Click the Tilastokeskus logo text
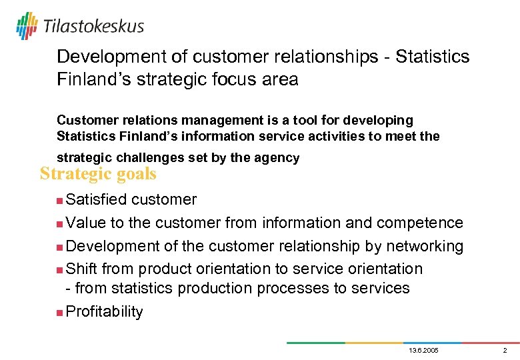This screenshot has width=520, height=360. coord(93,27)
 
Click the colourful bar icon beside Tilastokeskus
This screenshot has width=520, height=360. coord(27,26)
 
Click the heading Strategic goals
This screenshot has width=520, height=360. coord(98,174)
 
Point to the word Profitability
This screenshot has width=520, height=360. coord(105,312)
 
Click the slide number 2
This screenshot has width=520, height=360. coord(505,351)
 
